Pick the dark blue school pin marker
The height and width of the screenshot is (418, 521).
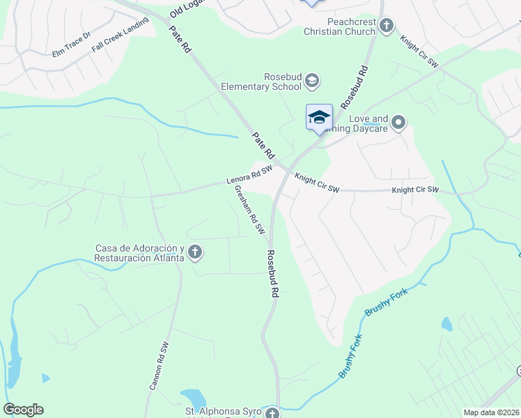pos(319,117)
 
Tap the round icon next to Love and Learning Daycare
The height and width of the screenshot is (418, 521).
pos(398,123)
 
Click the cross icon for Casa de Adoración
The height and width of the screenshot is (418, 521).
pos(195,253)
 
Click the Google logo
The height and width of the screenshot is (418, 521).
pos(24,410)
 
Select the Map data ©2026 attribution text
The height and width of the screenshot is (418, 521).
pos(491,412)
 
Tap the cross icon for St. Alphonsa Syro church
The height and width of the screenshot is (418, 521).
pos(272,413)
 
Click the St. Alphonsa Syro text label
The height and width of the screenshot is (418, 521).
pos(223,412)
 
